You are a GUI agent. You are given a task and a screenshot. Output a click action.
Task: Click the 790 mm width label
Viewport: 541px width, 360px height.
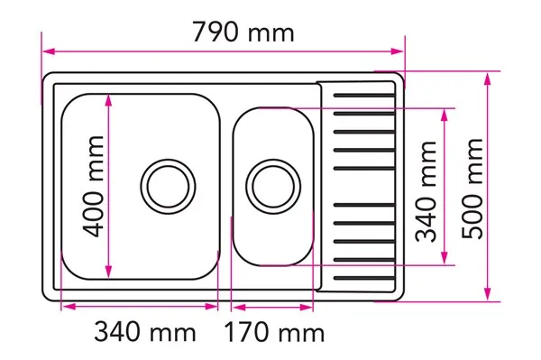tap(243, 32)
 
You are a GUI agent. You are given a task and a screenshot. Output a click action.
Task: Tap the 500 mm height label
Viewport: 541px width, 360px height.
tap(472, 189)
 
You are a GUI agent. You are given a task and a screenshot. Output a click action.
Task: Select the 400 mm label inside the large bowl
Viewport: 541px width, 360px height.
tap(93, 187)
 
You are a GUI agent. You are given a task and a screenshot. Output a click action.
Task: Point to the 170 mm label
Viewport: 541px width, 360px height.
tap(274, 332)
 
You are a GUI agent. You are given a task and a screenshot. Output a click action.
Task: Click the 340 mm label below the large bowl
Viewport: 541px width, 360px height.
tap(145, 332)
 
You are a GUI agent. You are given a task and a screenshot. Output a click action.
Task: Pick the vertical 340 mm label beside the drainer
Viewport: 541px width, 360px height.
tap(426, 191)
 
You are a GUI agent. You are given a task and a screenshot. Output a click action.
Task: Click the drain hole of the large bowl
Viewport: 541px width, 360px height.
tap(168, 187)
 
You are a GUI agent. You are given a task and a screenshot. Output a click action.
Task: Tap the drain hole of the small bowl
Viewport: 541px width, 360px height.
tap(273, 187)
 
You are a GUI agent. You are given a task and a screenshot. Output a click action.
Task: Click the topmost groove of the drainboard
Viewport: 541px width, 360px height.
tap(364, 96)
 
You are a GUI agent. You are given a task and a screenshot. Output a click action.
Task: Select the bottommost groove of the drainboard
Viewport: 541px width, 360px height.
tap(364, 278)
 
